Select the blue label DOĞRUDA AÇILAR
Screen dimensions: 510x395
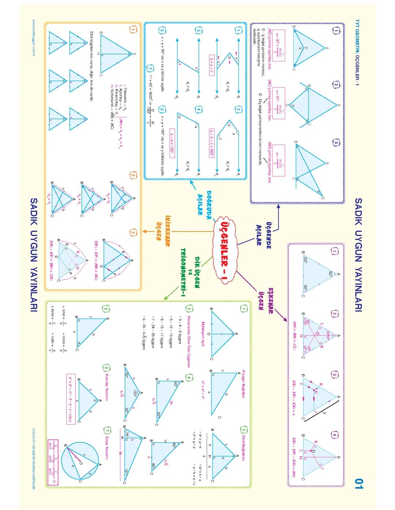pyautogui.click(x=205, y=202)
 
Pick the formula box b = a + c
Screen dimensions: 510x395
pyautogui.click(x=211, y=65)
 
